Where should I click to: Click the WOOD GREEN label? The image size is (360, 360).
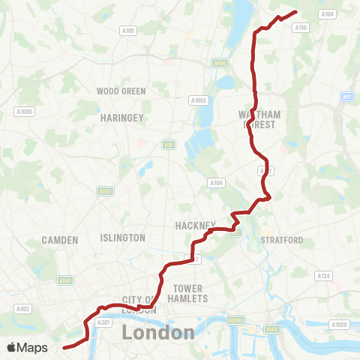click(x=121, y=91)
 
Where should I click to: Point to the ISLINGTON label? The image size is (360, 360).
click(x=122, y=238)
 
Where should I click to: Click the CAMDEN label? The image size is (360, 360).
click(x=61, y=240)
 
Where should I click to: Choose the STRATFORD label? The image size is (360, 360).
click(x=282, y=240)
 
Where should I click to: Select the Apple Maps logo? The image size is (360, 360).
click(x=27, y=347)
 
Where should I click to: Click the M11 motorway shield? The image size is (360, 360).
click(x=346, y=97)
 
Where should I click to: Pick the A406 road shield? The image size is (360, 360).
click(x=219, y=63)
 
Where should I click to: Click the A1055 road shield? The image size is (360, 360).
click(x=198, y=100)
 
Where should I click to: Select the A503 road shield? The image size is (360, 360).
click(x=106, y=191)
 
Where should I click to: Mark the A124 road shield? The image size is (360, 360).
click(x=323, y=277)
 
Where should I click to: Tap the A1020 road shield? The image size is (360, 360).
click(x=339, y=325)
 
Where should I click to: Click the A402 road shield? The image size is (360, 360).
click(x=23, y=308)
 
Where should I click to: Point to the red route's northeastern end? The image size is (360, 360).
click(x=297, y=11)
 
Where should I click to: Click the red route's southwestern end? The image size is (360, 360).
click(x=64, y=347)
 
